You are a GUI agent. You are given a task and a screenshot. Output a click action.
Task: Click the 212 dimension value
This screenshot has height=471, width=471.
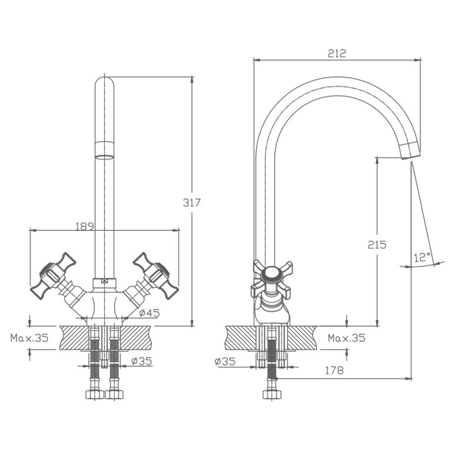[x=337, y=54]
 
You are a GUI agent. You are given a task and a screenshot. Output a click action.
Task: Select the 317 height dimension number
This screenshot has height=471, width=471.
[x=192, y=203]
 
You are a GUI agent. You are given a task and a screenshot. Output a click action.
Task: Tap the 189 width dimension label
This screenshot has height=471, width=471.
[x=85, y=226]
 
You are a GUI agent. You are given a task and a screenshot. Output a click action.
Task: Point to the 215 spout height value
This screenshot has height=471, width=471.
[x=377, y=245]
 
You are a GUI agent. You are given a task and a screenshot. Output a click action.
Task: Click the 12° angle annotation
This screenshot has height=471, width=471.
[x=422, y=257]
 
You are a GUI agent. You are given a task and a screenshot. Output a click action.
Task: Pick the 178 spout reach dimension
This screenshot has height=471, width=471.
[x=334, y=370]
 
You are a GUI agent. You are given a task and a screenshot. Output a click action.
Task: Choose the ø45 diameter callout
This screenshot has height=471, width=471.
[x=150, y=313]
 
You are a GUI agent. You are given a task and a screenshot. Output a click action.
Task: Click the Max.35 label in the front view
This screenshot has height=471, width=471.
[x=29, y=338]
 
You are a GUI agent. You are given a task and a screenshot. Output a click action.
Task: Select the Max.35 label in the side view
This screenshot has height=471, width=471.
[x=347, y=338]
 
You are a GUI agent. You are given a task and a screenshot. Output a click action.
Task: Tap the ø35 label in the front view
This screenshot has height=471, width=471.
[x=142, y=361]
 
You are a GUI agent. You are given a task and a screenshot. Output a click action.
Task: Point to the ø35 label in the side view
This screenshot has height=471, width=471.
[x=225, y=361]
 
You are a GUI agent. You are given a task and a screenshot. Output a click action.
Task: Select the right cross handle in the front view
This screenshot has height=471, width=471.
[x=156, y=276]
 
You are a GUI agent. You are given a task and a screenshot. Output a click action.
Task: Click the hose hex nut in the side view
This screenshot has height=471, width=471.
[x=271, y=394]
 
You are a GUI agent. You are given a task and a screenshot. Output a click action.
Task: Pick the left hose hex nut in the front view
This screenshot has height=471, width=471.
[x=95, y=394]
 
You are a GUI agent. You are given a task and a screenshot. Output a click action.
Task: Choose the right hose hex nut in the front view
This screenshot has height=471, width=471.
[x=114, y=394]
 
